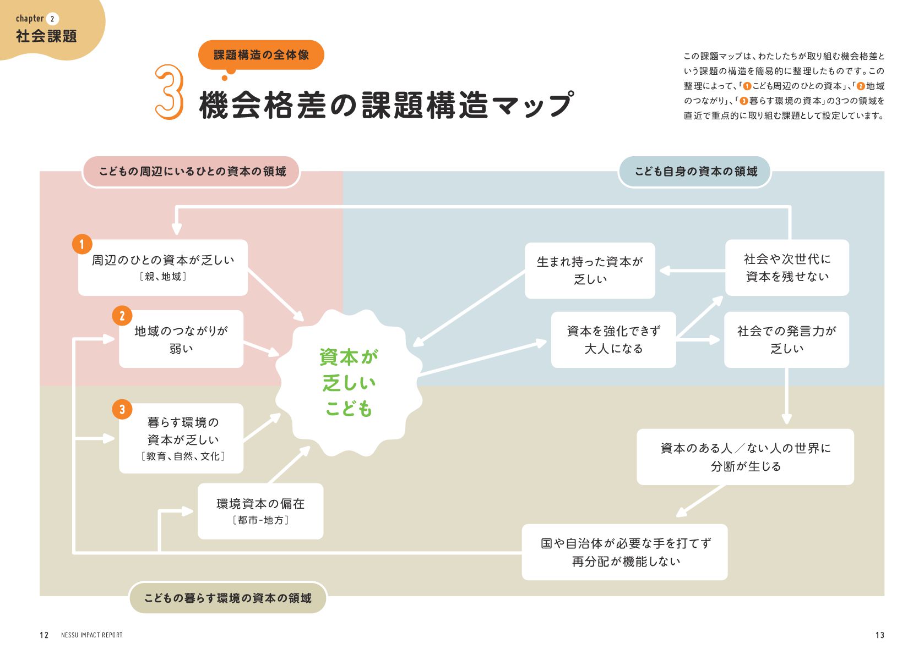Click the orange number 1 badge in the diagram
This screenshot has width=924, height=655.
(x=82, y=244)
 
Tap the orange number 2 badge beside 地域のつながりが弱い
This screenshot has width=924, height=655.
(x=122, y=316)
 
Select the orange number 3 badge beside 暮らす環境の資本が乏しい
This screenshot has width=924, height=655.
(x=122, y=409)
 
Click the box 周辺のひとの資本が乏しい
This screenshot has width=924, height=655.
(x=163, y=267)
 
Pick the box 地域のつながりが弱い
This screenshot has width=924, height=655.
(x=181, y=339)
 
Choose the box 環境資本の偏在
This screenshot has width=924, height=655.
(x=260, y=511)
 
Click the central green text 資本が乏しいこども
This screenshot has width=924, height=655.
(x=349, y=383)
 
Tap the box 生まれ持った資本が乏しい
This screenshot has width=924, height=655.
(x=590, y=271)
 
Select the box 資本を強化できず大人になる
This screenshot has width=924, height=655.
(x=613, y=340)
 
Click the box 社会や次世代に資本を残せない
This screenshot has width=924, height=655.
(x=787, y=268)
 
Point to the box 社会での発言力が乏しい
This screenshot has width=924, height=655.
(x=786, y=340)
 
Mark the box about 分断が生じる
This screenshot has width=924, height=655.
(x=745, y=457)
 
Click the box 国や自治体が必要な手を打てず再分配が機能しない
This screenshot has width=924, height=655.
(x=624, y=552)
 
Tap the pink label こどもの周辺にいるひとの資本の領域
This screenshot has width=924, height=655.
(x=192, y=172)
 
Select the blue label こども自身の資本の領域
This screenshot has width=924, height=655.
(x=695, y=172)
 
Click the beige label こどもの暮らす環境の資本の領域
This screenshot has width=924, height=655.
(x=227, y=598)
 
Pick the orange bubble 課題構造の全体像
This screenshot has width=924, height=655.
(x=261, y=55)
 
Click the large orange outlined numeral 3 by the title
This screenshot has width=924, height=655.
(x=169, y=92)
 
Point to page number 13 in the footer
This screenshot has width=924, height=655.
(x=879, y=635)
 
